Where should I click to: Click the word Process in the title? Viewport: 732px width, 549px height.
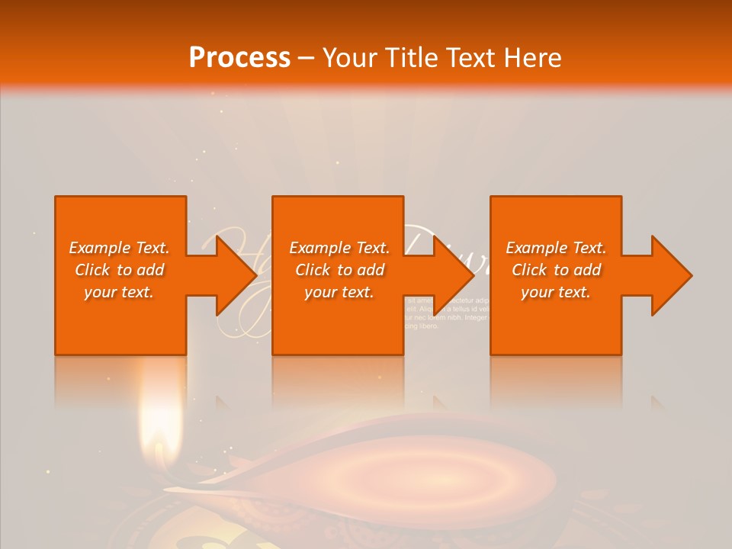tap(239, 57)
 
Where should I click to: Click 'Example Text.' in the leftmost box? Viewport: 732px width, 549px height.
tap(119, 248)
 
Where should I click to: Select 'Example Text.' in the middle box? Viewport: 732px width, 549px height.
tap(339, 248)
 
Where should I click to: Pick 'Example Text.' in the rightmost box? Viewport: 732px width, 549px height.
tap(556, 248)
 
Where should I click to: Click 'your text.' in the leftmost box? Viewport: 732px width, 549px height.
tap(119, 292)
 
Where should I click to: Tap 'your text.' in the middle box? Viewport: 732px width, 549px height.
tap(339, 292)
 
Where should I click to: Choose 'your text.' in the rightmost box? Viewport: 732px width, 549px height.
tap(556, 292)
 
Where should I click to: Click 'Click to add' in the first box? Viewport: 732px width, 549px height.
tap(119, 270)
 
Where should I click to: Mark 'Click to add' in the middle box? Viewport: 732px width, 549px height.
tap(339, 270)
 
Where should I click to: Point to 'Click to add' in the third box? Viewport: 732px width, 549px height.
tap(556, 270)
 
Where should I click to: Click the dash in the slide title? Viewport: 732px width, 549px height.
tap(306, 58)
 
